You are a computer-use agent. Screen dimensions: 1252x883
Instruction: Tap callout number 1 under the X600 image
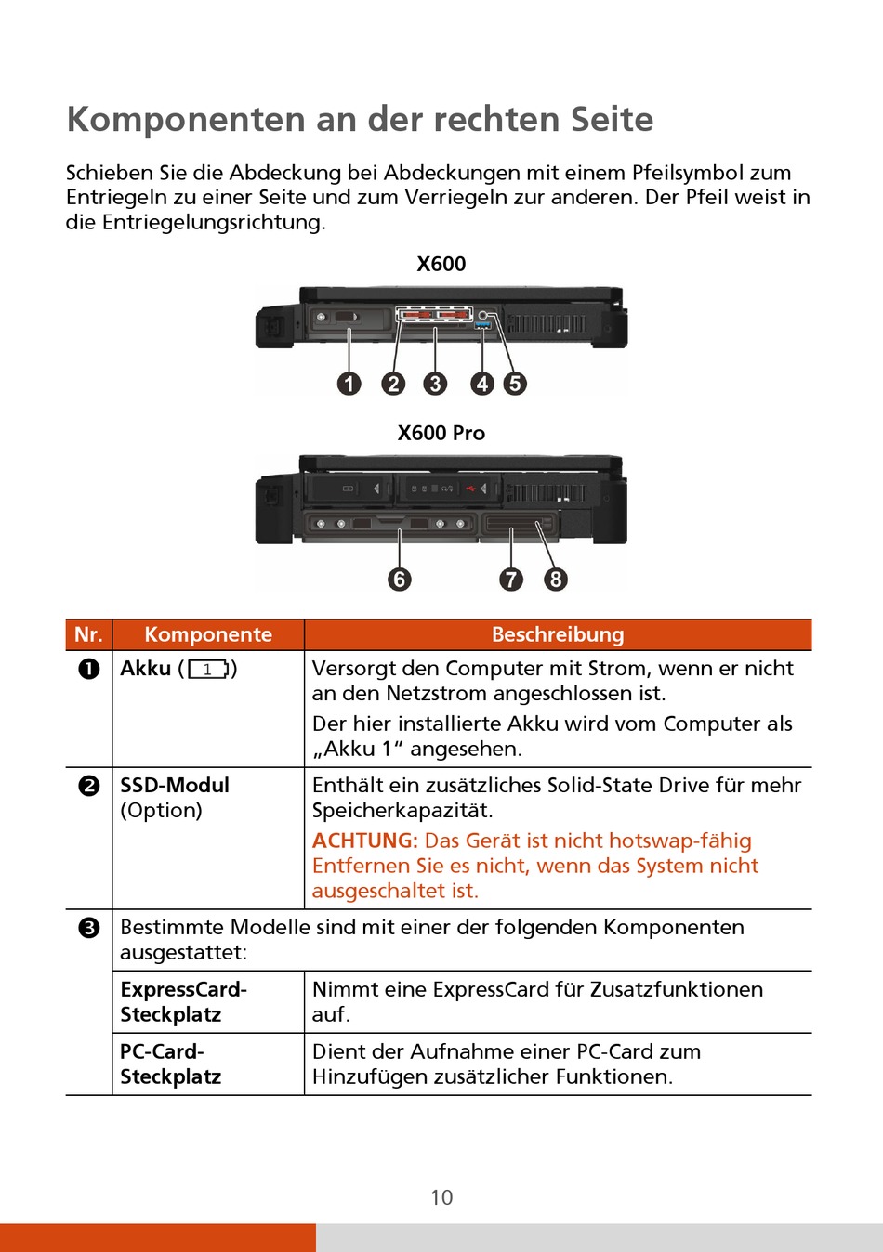coord(349,384)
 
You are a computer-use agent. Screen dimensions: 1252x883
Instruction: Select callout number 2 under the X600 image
coord(393,384)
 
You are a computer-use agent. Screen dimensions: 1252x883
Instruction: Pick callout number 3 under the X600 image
coord(435,384)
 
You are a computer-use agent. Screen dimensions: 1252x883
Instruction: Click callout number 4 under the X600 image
coord(481,384)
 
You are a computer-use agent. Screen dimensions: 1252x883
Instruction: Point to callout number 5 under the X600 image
coord(515,384)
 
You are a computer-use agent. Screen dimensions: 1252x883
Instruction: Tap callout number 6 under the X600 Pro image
coord(400,580)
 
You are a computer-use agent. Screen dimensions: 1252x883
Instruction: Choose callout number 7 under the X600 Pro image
coord(511,580)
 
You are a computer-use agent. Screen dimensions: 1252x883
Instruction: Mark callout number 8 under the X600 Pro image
coord(556,580)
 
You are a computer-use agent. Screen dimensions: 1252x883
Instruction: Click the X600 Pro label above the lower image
coord(441,433)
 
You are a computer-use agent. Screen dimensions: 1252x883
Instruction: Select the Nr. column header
coord(88,634)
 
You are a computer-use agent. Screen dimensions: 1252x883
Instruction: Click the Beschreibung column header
coord(558,634)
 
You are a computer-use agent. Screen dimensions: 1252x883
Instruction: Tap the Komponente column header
coord(208,634)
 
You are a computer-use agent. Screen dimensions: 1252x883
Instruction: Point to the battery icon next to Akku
coord(208,669)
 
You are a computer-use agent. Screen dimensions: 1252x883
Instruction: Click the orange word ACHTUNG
coord(364,841)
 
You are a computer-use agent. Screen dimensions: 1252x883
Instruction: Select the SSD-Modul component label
coord(175,786)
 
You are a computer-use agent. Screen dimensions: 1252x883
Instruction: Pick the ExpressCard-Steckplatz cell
coord(183,1001)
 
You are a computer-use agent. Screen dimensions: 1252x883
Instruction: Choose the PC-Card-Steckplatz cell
coord(171,1064)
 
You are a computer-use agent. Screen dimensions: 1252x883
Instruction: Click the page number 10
coord(441,1197)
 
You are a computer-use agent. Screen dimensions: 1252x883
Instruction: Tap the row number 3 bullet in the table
coord(88,928)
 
